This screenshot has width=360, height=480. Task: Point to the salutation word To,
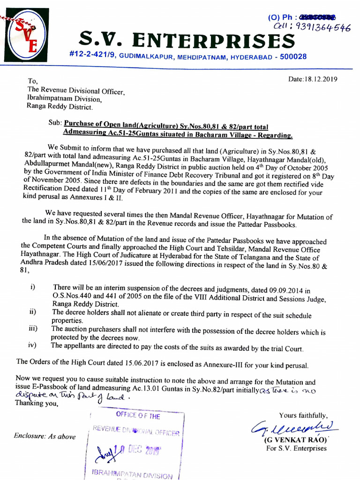coord(32,82)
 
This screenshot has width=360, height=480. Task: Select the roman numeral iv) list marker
coord(33,346)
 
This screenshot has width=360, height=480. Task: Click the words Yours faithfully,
coord(303,415)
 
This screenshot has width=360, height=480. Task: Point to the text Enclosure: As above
coord(45,436)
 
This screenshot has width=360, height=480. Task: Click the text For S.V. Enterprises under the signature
coord(296,449)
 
